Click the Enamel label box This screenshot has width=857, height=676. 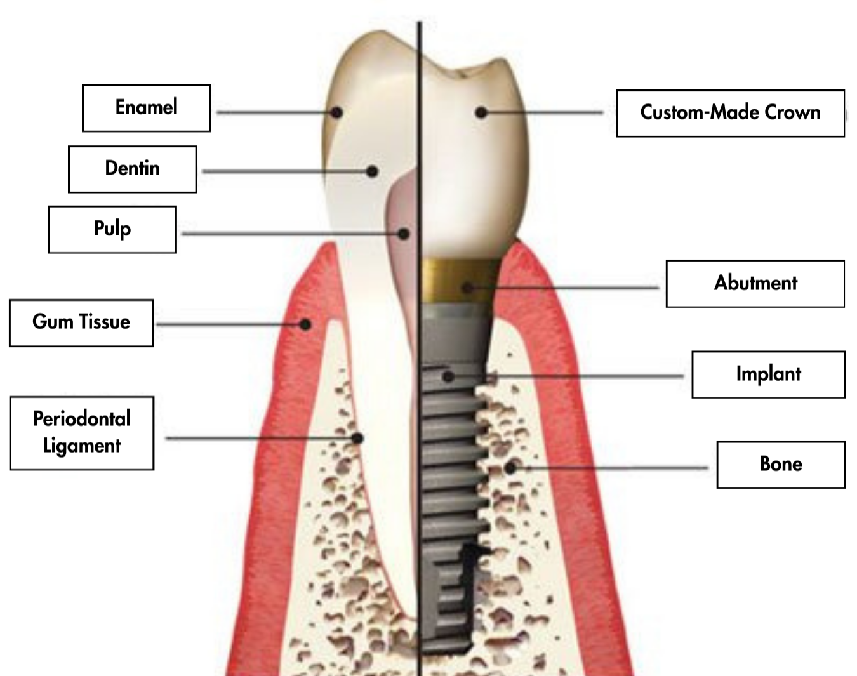(146, 108)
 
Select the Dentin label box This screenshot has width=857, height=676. (132, 169)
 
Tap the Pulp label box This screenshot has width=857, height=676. (112, 229)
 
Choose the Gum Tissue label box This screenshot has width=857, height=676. (81, 322)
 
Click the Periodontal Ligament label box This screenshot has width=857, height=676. (82, 433)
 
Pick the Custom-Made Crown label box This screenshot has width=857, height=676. (730, 113)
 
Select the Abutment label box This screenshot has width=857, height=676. (755, 283)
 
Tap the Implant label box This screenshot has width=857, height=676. (768, 374)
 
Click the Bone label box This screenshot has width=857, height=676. (781, 465)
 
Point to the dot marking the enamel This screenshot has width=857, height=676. (337, 112)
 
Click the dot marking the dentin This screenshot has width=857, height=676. (373, 171)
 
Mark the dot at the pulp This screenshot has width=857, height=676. (404, 234)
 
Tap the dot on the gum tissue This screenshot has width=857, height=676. (305, 324)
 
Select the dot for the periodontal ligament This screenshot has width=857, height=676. (358, 438)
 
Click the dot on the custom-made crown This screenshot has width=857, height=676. (481, 112)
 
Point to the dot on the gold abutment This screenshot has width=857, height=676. (468, 288)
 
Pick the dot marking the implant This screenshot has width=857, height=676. (448, 376)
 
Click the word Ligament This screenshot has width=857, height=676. (82, 446)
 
